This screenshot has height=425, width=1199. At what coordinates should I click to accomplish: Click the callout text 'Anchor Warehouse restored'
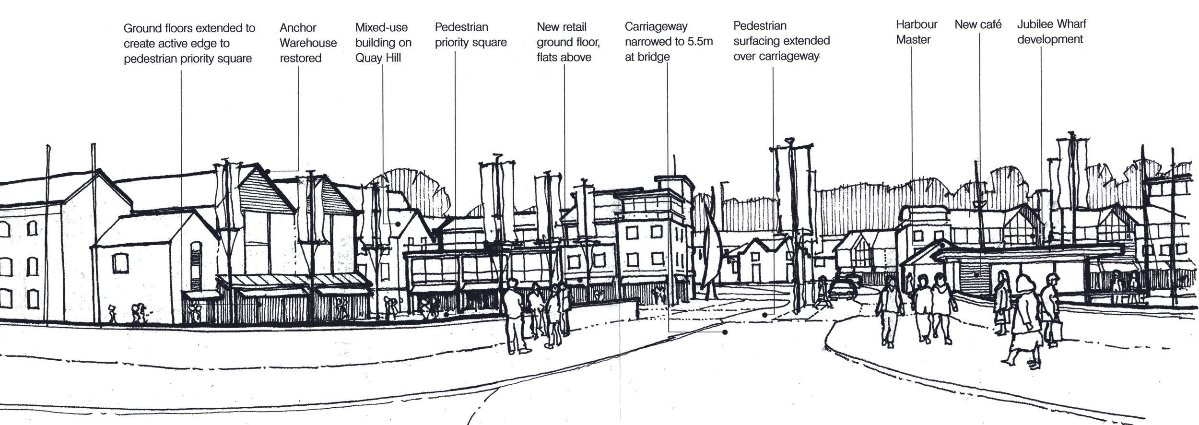[x=308, y=43]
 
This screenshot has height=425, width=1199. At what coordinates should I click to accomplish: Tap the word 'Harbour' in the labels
[x=916, y=24]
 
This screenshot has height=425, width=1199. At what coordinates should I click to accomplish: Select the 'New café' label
[x=977, y=24]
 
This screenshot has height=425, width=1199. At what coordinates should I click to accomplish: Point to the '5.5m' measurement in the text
[x=700, y=42]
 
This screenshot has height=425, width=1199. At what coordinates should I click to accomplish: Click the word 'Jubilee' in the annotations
[x=1034, y=24]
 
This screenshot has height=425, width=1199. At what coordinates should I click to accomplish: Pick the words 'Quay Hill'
[x=378, y=58]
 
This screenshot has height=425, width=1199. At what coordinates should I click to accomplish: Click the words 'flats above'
[x=564, y=58]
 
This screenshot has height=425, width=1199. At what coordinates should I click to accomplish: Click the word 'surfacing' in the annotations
[x=758, y=41]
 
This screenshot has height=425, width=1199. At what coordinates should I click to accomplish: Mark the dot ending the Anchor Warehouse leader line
[x=268, y=171]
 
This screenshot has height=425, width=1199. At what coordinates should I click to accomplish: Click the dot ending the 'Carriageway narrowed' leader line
[x=725, y=332]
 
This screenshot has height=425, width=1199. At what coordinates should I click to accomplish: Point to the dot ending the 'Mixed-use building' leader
[x=398, y=224]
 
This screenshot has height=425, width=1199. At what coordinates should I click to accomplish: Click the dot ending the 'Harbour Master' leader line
[x=942, y=246]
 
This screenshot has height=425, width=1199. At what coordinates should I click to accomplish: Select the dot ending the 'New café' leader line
[x=977, y=275]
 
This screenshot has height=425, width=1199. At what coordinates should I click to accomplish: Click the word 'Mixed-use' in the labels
[x=381, y=27]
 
